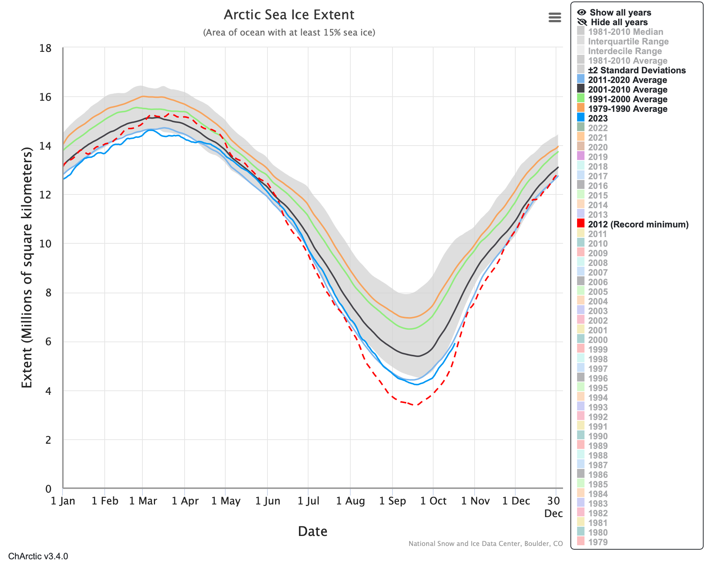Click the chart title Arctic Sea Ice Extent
289,15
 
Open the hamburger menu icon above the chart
555,17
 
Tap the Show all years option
620,13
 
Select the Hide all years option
619,22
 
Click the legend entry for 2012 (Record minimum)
638,224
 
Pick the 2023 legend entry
598,119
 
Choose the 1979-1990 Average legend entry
627,109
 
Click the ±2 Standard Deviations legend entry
637,70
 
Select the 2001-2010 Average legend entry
627,90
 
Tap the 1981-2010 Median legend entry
625,32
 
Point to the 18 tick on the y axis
46,48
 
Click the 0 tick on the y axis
48,489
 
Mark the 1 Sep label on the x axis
392,501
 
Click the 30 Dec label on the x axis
553,507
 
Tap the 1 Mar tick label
143,501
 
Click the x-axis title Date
313,531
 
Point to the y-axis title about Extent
27,267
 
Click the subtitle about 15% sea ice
289,33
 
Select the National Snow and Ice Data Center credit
485,544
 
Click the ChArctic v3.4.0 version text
38,556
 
